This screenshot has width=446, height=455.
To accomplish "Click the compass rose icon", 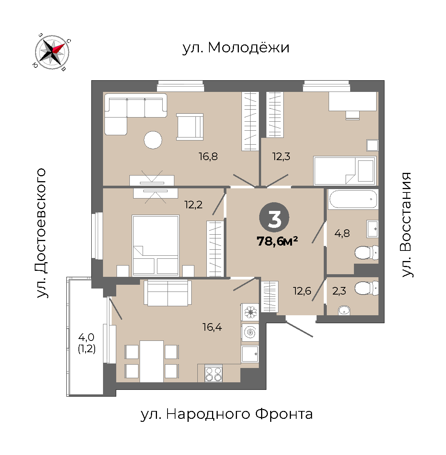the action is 52,52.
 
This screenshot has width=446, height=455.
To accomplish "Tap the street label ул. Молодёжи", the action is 236,48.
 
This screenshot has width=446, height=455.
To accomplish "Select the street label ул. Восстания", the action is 407,225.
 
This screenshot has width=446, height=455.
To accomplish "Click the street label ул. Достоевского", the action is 42,233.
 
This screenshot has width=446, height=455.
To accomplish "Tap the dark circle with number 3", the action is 274,217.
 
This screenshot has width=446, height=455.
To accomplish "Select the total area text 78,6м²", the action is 277,241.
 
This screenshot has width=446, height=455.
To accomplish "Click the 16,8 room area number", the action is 208,156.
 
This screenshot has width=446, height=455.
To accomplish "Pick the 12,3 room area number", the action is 281,156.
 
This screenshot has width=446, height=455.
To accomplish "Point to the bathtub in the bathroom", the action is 353,199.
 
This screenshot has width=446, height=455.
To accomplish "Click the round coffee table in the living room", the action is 153,140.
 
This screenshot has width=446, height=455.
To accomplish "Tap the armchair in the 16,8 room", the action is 190,127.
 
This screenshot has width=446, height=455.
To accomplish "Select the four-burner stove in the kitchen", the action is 214,374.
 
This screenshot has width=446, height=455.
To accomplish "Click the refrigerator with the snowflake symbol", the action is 250,312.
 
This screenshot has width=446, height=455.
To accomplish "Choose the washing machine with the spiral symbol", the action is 250,332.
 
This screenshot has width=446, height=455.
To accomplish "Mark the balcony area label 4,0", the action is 86,337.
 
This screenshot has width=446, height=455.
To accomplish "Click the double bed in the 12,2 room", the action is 155,246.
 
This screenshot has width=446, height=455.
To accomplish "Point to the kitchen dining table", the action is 152,361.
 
